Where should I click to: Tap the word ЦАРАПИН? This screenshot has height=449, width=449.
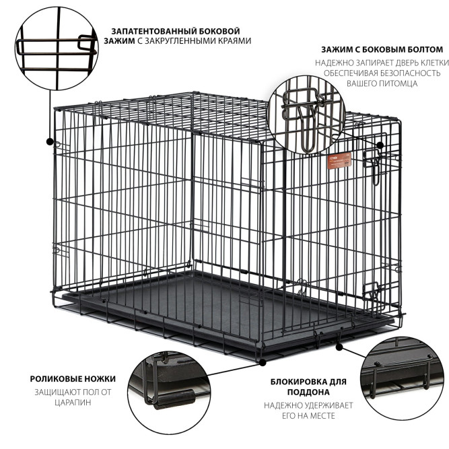pyautogui.click(x=73, y=403)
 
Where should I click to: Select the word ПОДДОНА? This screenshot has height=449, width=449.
pyautogui.click(x=308, y=392)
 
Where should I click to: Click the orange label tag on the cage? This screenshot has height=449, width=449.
pyautogui.click(x=339, y=161)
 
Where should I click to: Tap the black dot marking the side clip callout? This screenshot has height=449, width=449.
pyautogui.click(x=50, y=141)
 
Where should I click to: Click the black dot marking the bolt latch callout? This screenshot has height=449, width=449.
pyautogui.click(x=380, y=145)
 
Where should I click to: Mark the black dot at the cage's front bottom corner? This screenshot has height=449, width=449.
pyautogui.click(x=263, y=363)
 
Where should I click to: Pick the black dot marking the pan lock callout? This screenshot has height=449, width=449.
pyautogui.click(x=339, y=347)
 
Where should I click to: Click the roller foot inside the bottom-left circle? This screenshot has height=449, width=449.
pyautogui.click(x=174, y=399)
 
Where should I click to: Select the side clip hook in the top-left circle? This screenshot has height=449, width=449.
pyautogui.click(x=86, y=43)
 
